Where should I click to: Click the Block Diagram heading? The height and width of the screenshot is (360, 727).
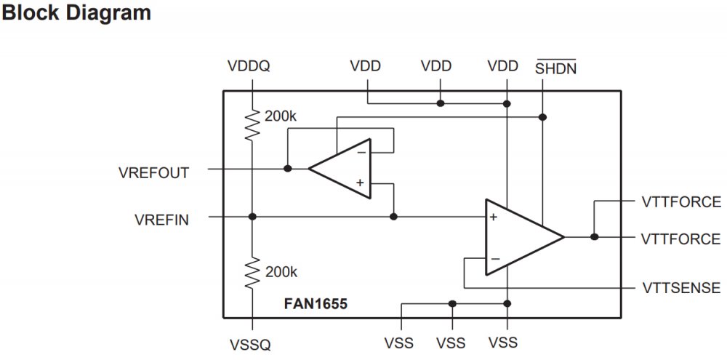76,13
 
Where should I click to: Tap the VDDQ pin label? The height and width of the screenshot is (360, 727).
249,66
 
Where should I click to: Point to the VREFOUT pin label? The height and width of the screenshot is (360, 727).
153,173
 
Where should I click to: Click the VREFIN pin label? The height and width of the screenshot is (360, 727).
162,219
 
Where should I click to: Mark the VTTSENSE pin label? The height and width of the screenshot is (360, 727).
681,288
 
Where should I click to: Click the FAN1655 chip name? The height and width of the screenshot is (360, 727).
316,303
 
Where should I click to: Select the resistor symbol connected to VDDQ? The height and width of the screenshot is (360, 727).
252,125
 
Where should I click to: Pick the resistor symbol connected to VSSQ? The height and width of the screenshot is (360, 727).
252,273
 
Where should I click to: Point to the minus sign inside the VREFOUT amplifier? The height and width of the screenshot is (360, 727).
361,152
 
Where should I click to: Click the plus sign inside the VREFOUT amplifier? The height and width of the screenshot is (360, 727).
360,183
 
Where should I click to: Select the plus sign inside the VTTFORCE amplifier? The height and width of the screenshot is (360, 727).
494,217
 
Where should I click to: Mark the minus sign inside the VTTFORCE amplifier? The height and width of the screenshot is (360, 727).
494,258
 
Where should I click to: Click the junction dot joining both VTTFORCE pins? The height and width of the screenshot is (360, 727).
595,237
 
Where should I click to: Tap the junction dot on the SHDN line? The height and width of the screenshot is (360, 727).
543,117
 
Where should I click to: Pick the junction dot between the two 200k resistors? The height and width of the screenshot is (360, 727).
252,217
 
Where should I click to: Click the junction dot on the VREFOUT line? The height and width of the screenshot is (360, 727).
288,169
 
